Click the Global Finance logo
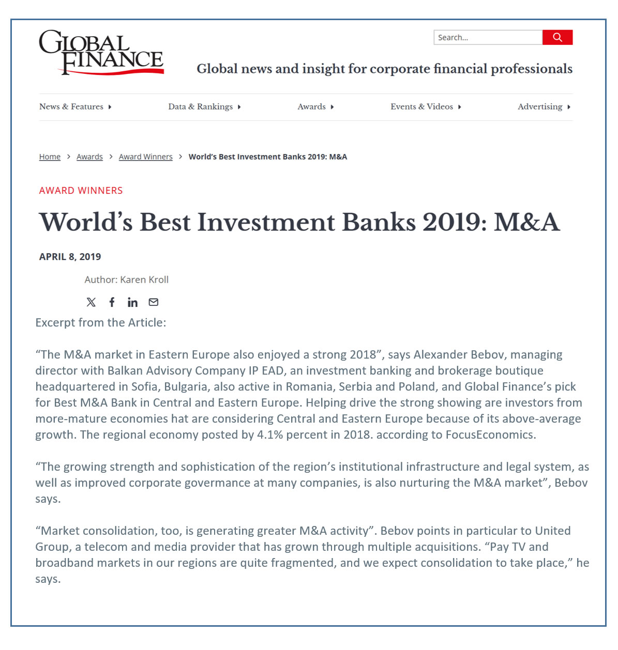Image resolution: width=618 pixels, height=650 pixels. [x=101, y=52]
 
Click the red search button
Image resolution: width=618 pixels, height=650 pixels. [x=557, y=37]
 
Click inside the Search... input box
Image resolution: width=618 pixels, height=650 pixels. [x=487, y=37]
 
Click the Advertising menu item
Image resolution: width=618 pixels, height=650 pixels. [x=544, y=107]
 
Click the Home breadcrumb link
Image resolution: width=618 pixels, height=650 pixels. [x=50, y=157]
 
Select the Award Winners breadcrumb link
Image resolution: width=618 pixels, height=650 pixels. [x=145, y=157]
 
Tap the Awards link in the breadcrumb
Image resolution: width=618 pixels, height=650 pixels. [x=89, y=157]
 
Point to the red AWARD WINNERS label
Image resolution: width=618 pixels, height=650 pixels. [x=81, y=191]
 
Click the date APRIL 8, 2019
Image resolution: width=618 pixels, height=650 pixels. [x=70, y=257]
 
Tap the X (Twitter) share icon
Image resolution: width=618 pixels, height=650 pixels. [x=91, y=302]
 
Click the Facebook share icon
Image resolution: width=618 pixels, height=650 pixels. [x=112, y=302]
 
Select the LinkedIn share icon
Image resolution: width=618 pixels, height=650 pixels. [x=132, y=302]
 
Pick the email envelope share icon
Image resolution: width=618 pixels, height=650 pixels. [x=154, y=302]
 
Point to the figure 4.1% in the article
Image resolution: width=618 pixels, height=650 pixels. [x=270, y=435]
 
